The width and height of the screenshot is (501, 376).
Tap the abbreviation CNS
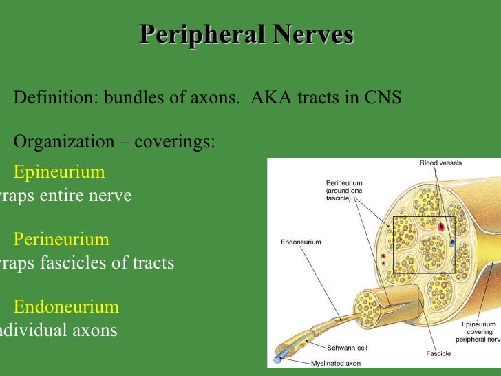(382, 97)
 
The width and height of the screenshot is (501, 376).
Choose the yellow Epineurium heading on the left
(59, 171)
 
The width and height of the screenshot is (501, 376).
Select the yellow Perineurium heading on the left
(61, 240)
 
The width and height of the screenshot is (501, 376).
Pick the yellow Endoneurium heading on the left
(66, 306)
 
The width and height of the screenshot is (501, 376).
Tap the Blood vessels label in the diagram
(440, 163)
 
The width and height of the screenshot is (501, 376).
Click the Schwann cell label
(345, 348)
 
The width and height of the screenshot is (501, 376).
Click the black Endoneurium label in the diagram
(301, 242)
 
